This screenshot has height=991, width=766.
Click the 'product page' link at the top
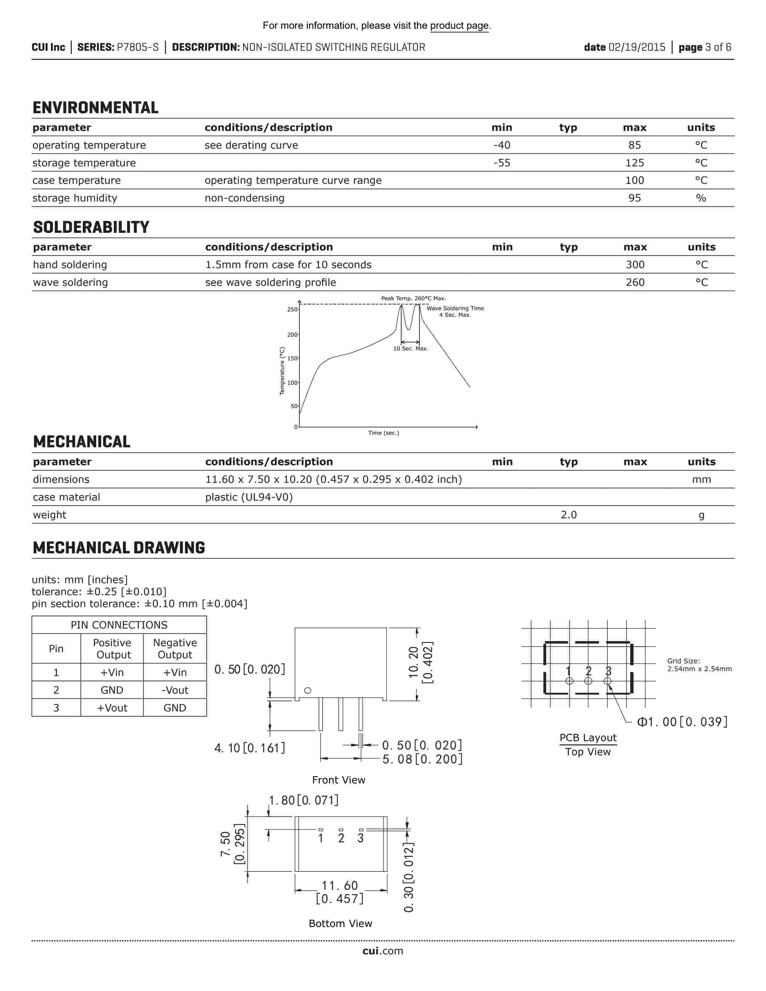point(459,26)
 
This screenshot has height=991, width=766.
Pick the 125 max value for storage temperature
point(634,163)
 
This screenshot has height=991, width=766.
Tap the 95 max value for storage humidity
point(634,198)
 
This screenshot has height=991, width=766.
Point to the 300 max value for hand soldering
point(635,265)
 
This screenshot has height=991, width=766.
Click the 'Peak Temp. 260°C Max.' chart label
point(413,298)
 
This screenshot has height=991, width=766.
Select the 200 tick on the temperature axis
point(292,335)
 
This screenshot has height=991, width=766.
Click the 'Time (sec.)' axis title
point(384,433)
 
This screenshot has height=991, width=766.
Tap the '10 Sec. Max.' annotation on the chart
point(411,348)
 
